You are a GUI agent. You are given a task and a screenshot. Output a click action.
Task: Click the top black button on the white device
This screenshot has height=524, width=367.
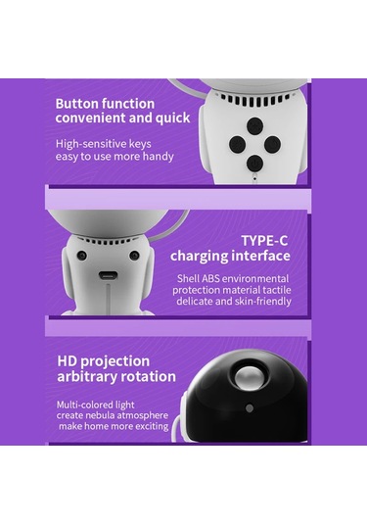tap(254, 126)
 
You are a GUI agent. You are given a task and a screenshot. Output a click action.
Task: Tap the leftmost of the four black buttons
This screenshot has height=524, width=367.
tap(238, 144)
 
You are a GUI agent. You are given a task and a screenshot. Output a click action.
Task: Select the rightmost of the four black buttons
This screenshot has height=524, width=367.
tap(272, 144)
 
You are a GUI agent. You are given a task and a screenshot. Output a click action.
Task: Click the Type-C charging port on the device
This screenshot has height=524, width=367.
tap(108, 275)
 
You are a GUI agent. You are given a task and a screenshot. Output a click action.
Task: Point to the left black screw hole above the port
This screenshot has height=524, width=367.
tap(82, 256)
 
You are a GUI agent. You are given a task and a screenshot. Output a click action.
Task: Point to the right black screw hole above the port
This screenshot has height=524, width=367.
tap(134, 256)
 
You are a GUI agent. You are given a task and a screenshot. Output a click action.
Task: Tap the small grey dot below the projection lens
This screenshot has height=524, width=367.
tap(249, 408)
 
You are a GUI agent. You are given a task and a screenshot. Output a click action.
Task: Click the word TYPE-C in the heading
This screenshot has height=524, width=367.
tap(264, 241)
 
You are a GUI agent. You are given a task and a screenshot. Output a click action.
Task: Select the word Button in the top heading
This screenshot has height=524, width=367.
tap(77, 104)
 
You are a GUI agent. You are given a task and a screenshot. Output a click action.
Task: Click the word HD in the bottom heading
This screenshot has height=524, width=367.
tap(68, 360)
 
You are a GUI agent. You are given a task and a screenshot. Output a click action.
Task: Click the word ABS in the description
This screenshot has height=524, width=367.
tap(210, 279)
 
